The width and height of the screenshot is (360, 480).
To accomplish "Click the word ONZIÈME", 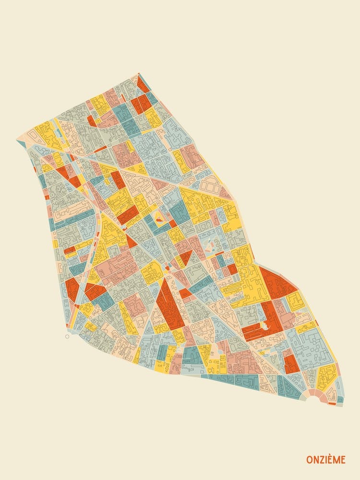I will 326,460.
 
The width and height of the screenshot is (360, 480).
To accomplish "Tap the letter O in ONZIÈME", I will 310,460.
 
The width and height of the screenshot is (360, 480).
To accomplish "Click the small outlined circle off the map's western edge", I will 67,336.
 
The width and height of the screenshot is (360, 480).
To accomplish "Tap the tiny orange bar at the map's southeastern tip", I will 332,404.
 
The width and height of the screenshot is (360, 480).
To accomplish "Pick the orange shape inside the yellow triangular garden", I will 159,219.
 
